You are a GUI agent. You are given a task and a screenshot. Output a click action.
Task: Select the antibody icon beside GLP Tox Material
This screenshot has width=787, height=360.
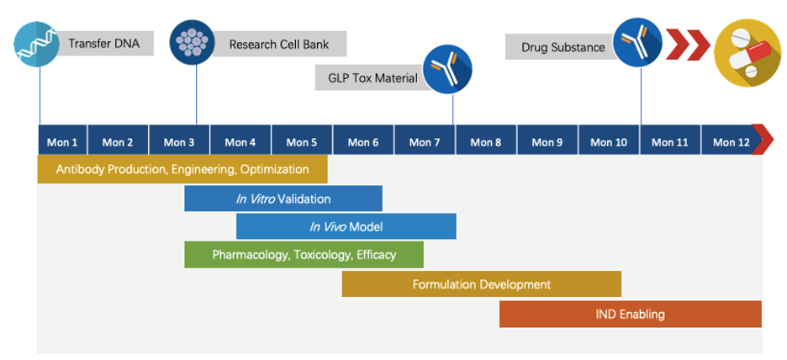[446, 69]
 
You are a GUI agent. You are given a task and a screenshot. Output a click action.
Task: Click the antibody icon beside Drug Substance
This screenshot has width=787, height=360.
[637, 42]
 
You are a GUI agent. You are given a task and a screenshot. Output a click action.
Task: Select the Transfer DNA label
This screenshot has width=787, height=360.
[103, 44]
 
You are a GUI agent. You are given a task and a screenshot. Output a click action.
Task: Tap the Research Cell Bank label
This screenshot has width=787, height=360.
[279, 44]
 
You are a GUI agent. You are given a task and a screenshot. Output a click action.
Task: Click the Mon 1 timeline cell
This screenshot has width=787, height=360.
[62, 141]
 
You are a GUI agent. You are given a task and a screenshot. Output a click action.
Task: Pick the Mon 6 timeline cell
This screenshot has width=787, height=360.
[363, 141]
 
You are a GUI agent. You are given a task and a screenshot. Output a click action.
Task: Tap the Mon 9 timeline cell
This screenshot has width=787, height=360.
[547, 141]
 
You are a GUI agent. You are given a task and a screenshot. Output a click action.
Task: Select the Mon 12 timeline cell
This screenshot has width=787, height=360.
[730, 141]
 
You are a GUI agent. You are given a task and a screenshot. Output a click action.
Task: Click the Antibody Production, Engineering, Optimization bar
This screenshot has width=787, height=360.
[182, 169]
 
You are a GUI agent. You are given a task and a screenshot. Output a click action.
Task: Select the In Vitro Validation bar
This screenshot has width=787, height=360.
[283, 199]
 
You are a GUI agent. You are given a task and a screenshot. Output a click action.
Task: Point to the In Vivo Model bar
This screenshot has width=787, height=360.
[346, 226]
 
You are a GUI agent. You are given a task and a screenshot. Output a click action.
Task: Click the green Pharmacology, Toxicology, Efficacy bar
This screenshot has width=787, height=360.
[304, 255]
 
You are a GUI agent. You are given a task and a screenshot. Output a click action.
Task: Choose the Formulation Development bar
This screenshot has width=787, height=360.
[481, 284]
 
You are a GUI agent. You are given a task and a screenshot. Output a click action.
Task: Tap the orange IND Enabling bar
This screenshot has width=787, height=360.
[630, 314]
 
